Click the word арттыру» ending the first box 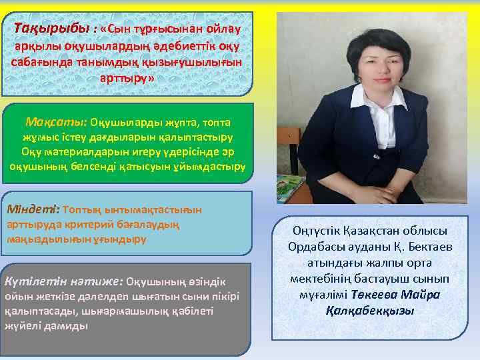point(127,78)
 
